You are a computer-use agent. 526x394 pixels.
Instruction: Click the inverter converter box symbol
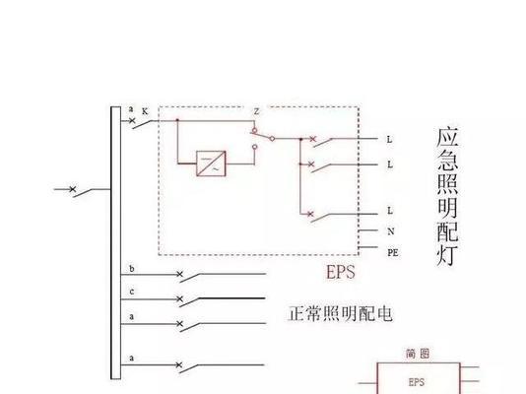click(x=211, y=164)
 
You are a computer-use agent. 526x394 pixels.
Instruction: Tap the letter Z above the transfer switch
click(x=257, y=111)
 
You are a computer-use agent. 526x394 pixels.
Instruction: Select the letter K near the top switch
click(x=145, y=111)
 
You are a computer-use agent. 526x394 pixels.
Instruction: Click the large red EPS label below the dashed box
click(x=341, y=272)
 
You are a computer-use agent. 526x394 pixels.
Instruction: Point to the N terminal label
click(x=391, y=231)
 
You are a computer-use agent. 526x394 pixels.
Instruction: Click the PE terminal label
click(x=393, y=253)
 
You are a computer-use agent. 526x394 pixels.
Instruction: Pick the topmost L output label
click(x=389, y=139)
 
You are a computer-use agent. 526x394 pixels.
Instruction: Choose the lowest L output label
click(x=390, y=211)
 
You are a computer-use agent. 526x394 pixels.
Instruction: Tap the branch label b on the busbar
click(x=132, y=269)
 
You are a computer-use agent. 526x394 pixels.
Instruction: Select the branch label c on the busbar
click(x=132, y=293)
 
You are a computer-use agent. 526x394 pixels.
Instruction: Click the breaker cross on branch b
click(x=180, y=274)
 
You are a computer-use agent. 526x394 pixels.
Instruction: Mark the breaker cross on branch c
click(x=180, y=298)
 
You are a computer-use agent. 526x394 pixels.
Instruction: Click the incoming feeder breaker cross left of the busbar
click(x=73, y=189)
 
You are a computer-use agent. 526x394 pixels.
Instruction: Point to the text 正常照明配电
click(x=340, y=314)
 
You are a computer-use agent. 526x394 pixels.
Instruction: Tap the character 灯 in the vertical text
click(x=447, y=256)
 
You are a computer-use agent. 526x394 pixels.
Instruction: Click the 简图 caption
click(x=418, y=354)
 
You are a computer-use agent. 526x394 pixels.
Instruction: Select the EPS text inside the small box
click(x=417, y=382)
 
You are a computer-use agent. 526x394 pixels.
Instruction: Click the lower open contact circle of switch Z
click(x=254, y=147)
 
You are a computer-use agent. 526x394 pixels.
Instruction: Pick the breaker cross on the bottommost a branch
click(x=179, y=364)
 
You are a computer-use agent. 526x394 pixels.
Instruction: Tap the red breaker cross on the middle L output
click(x=311, y=164)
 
